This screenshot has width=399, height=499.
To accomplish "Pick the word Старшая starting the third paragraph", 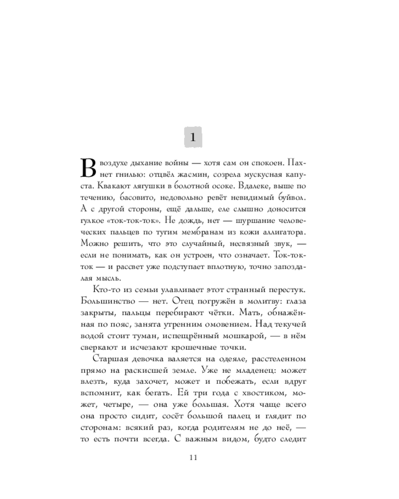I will (110, 360).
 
